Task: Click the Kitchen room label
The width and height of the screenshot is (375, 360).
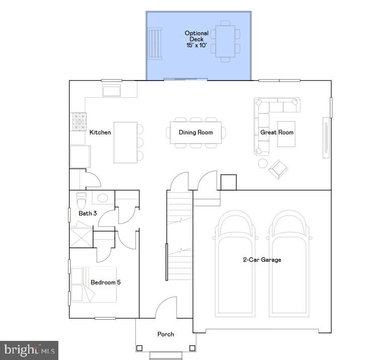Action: click(100, 132)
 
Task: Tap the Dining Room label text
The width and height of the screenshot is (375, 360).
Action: click(196, 132)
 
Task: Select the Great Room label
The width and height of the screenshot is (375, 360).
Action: click(277, 132)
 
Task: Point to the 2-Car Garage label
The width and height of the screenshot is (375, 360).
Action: click(262, 260)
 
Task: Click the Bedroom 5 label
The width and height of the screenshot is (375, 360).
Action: click(105, 282)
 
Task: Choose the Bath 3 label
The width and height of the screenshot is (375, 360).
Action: click(88, 213)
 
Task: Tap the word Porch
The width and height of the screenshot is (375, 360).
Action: click(166, 334)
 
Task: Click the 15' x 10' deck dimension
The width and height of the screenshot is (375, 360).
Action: click(196, 45)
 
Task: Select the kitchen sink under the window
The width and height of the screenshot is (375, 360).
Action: click(112, 91)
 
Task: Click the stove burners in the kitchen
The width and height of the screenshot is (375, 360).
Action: click(78, 121)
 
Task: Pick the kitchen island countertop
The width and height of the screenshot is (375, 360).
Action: click(125, 142)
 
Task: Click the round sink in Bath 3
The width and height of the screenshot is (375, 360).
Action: click(103, 198)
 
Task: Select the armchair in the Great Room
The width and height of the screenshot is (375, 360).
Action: click(277, 169)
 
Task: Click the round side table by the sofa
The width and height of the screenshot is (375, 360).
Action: click(263, 163)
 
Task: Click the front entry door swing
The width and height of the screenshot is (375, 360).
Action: click(165, 309)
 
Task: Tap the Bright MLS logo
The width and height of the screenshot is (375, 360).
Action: click(30, 350)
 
